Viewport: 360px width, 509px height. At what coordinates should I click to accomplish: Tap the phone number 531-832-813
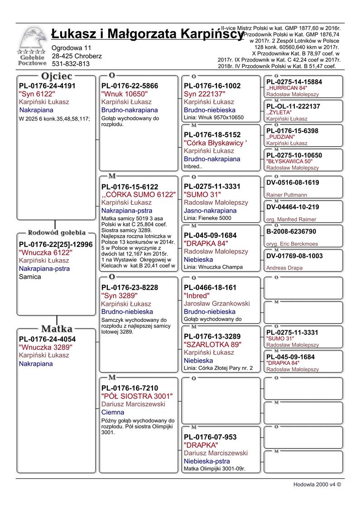(71, 64)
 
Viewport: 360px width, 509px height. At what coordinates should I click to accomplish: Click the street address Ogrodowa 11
(72, 48)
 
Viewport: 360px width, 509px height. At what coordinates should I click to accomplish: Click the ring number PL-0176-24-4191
(47, 86)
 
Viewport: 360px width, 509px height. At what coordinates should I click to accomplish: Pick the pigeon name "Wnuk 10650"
(125, 94)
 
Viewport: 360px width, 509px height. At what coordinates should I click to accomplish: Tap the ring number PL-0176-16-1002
(212, 86)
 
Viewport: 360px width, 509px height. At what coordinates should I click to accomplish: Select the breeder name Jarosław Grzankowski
(216, 304)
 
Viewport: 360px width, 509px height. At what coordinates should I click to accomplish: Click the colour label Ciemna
(113, 413)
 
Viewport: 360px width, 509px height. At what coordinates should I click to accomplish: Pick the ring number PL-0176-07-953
(210, 437)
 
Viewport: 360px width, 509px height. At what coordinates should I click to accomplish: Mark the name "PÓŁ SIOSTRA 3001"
(137, 396)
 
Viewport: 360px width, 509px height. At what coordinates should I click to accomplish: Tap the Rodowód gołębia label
(57, 233)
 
